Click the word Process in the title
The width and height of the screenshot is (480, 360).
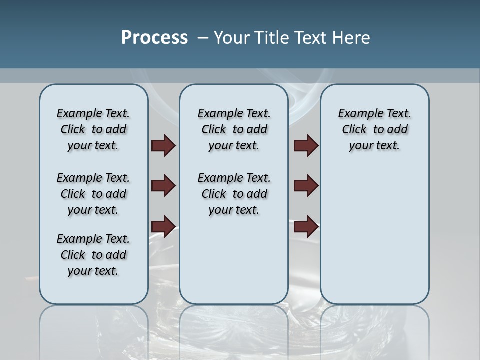click(154, 38)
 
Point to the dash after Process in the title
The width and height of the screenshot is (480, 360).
click(203, 38)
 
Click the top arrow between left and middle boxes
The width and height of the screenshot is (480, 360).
click(163, 145)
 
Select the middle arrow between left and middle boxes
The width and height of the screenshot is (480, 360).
click(163, 186)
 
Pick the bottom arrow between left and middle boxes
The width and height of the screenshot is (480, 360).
click(163, 226)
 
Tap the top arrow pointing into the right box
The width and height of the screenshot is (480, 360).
click(306, 145)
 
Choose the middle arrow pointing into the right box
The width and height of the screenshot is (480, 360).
click(306, 186)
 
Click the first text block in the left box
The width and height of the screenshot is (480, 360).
click(93, 129)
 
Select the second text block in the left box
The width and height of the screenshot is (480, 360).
click(93, 194)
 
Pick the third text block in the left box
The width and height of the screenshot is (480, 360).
click(93, 255)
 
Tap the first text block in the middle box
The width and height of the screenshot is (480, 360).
click(234, 129)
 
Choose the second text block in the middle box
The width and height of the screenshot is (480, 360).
click(234, 194)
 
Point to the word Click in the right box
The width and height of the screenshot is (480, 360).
click(354, 129)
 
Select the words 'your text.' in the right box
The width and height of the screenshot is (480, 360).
click(374, 145)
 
